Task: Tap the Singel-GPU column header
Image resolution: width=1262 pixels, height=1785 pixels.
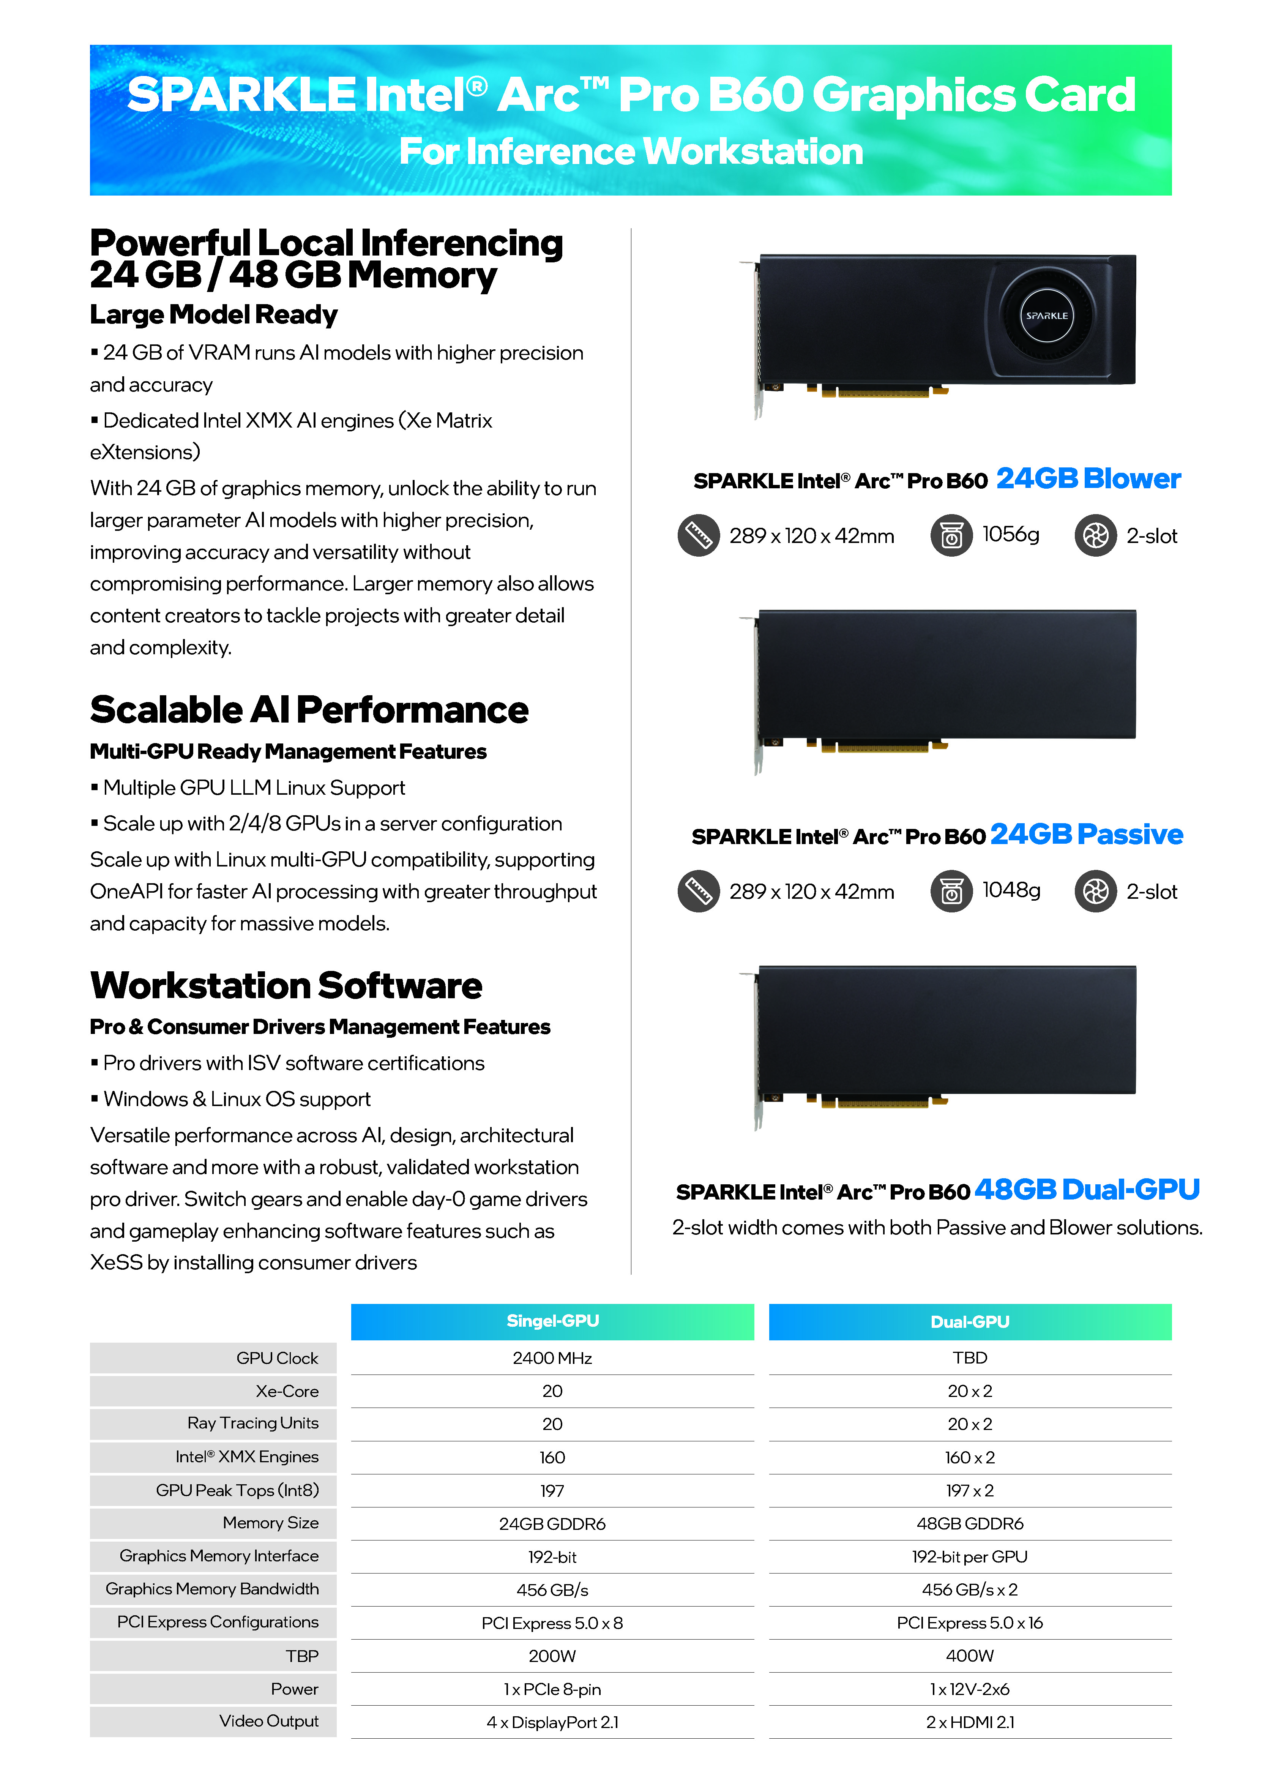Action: click(x=552, y=1321)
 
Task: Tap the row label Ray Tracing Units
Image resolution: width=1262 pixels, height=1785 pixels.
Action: click(x=253, y=1423)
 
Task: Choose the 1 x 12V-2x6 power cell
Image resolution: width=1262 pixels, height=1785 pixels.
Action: click(x=970, y=1689)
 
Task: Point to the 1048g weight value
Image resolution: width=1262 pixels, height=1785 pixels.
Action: click(x=1011, y=889)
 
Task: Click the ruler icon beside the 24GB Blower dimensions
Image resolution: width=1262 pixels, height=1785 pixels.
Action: click(x=698, y=536)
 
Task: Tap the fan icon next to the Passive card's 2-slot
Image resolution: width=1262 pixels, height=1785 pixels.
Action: click(x=1096, y=891)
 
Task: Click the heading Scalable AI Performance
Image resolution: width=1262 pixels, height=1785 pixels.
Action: click(x=309, y=710)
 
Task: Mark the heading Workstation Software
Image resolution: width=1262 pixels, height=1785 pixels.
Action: click(x=286, y=986)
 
